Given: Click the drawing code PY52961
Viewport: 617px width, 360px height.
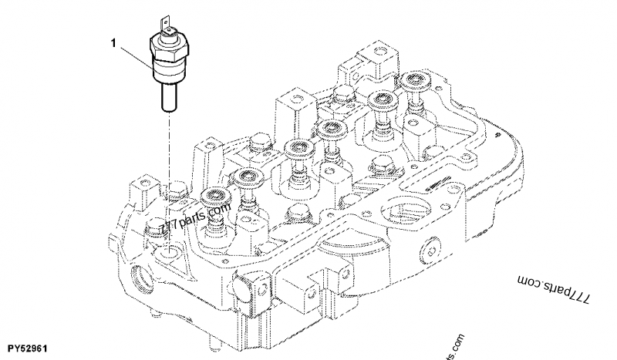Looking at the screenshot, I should [29, 348].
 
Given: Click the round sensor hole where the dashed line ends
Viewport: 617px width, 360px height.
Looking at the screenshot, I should [169, 251].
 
